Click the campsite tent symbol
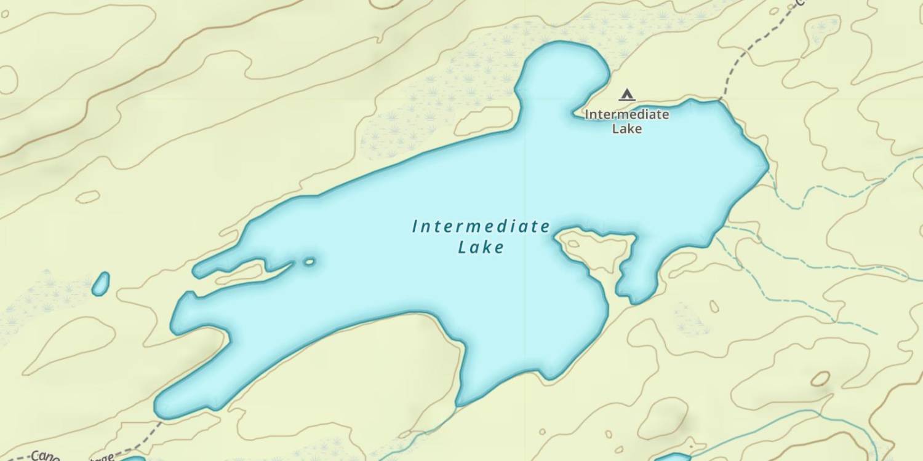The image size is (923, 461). click(627, 95)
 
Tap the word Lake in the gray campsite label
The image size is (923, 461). click(627, 128)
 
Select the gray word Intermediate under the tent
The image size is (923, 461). click(627, 114)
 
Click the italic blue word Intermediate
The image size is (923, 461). click(481, 227)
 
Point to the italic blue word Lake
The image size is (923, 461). click(481, 248)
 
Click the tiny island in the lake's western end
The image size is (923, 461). click(309, 262)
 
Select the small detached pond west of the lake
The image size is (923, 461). click(100, 283)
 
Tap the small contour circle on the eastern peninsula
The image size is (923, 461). click(573, 244)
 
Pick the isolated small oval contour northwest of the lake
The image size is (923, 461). click(88, 197)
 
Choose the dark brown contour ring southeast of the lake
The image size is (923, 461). click(820, 379)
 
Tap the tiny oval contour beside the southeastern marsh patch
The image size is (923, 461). click(714, 305)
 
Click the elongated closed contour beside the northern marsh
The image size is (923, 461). click(484, 120)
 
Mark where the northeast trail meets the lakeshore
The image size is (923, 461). click(719, 100)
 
